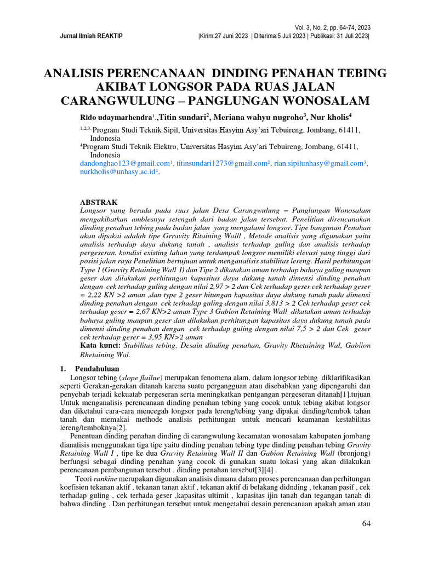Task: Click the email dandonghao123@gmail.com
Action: coord(124,164)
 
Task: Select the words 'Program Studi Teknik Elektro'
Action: coord(129,147)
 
